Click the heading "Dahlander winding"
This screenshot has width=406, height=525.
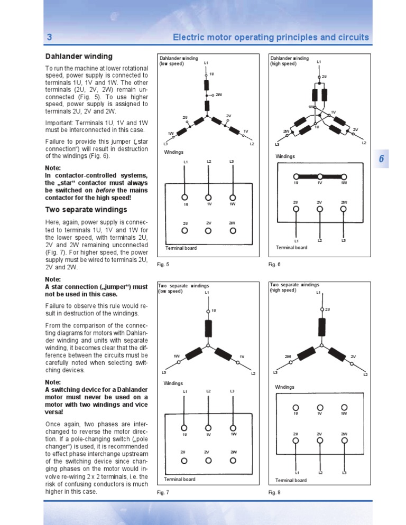coord(78,57)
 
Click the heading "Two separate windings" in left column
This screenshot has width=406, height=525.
coord(86,210)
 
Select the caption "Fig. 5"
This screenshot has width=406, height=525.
coord(163,264)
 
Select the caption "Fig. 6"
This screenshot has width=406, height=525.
coord(274,264)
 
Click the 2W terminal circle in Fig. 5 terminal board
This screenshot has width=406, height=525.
coord(233,230)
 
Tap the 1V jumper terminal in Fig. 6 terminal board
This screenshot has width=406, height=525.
coord(320,176)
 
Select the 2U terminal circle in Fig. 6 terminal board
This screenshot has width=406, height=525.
coord(296,209)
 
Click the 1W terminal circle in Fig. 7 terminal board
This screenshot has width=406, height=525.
coord(233,427)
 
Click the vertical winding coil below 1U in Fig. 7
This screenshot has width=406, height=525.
coord(208,329)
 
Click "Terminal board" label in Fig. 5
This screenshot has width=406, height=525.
coord(180,248)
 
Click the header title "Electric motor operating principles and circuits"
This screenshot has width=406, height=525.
coord(271,38)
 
